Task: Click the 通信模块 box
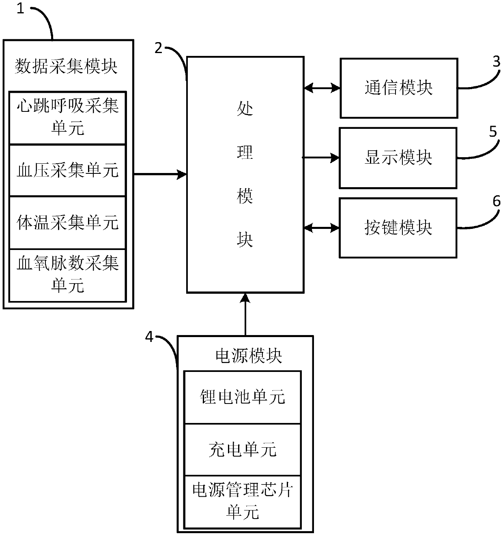[x=398, y=88]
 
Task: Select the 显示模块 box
[x=398, y=158]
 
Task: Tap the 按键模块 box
[x=398, y=228]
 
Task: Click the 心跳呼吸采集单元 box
[x=67, y=117]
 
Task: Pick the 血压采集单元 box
[x=67, y=170]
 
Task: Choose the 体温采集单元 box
[x=67, y=222]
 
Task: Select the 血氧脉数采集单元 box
[x=67, y=275]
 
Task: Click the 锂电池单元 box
[x=243, y=397]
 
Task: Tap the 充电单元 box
[x=243, y=449]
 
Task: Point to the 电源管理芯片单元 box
[x=243, y=502]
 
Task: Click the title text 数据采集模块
[x=66, y=66]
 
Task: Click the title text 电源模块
[x=248, y=356]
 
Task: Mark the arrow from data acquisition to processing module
[x=160, y=175]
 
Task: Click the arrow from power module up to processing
[x=245, y=314]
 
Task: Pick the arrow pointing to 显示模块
[x=321, y=158]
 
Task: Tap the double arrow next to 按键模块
[x=321, y=228]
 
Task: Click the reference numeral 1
[x=20, y=9]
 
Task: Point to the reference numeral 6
[x=496, y=201]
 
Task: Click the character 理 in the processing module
[x=245, y=153]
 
